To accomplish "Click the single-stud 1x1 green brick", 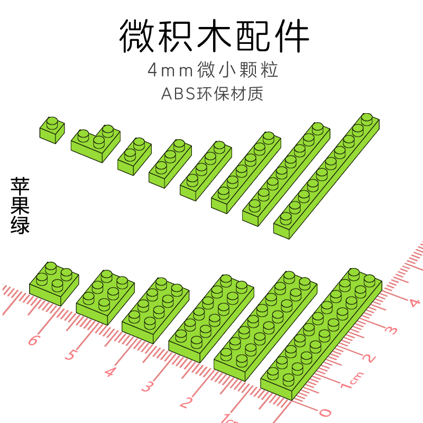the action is [52, 129].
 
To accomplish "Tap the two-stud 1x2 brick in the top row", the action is [132, 155].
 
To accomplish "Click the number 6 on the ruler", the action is [33, 339].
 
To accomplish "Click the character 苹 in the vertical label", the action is [20, 187].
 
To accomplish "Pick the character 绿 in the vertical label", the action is [20, 225].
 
